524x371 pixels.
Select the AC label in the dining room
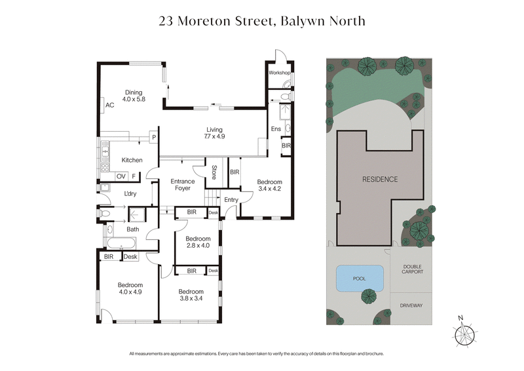click(109, 105)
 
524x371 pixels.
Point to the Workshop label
click(279, 73)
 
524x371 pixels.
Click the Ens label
click(276, 128)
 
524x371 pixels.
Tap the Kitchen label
click(132, 160)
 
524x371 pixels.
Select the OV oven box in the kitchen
click(121, 176)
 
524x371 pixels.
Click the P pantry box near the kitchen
click(153, 137)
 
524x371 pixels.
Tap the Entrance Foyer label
click(183, 185)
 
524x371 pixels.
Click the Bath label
click(133, 229)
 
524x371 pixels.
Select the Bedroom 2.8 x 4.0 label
click(197, 242)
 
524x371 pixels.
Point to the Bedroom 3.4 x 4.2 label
click(269, 185)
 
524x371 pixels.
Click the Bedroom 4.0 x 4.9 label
click(130, 289)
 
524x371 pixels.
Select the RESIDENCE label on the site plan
click(380, 179)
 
